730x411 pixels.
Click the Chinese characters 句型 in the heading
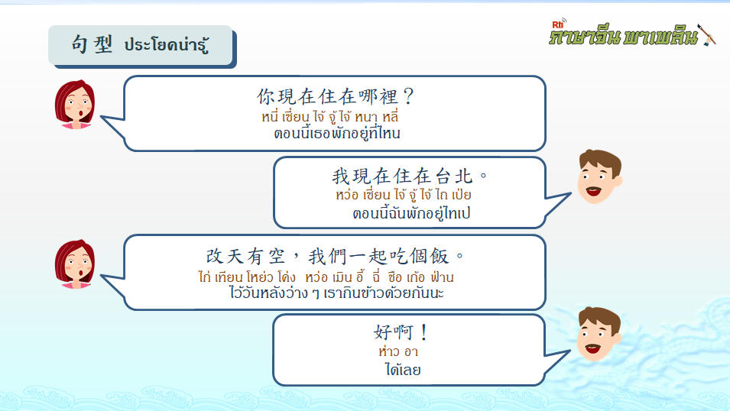pyautogui.click(x=92, y=44)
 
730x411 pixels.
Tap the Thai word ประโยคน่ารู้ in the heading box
pyautogui.click(x=166, y=44)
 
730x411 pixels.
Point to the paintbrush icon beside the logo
pyautogui.click(x=707, y=35)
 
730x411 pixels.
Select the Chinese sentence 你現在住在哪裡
pyautogui.click(x=327, y=96)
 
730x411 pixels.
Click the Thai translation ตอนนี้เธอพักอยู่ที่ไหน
pyautogui.click(x=337, y=133)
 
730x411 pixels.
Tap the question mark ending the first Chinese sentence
pyautogui.click(x=408, y=96)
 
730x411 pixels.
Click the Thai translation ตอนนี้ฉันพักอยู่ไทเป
pyautogui.click(x=411, y=213)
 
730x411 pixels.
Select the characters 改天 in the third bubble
pyautogui.click(x=225, y=256)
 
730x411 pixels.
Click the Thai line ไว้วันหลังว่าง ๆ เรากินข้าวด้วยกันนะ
pyautogui.click(x=336, y=293)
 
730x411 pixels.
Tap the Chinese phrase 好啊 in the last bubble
pyautogui.click(x=394, y=332)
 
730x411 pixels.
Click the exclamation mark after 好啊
pyautogui.click(x=423, y=332)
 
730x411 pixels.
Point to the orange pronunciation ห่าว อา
pyautogui.click(x=398, y=351)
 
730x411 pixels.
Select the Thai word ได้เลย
pyautogui.click(x=403, y=370)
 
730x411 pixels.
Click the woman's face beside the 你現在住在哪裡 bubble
pyautogui.click(x=75, y=104)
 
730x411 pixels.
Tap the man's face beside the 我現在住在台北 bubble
pyautogui.click(x=599, y=176)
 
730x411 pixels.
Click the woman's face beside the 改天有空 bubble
pyautogui.click(x=75, y=264)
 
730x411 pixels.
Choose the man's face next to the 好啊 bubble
pyautogui.click(x=599, y=334)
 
